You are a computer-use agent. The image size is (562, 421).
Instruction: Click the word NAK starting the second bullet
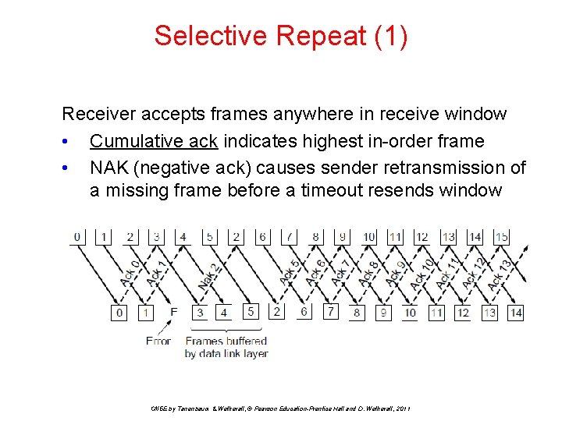point(107,168)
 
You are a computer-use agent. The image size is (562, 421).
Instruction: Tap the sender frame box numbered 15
point(501,236)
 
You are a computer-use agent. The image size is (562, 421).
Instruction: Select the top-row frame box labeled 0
point(77,236)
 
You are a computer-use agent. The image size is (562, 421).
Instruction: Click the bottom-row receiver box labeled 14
point(514,313)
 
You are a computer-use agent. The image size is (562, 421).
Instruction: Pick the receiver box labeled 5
point(250,311)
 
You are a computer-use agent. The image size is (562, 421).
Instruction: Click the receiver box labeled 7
point(330,311)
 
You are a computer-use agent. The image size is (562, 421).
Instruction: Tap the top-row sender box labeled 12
point(421,236)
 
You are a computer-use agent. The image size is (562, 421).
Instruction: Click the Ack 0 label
point(130,273)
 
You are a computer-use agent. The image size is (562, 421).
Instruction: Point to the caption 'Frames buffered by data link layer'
point(226,347)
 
